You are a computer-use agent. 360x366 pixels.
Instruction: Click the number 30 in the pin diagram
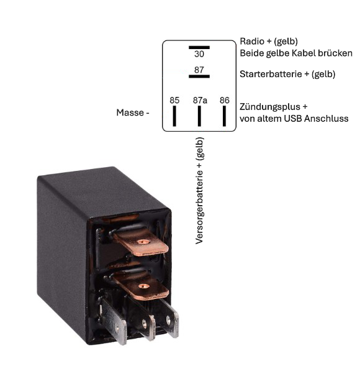click(x=199, y=54)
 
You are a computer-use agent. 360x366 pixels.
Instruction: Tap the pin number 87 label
click(x=199, y=70)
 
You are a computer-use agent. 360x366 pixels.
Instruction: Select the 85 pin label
click(x=174, y=100)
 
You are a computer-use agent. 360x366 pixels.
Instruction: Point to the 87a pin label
click(x=200, y=100)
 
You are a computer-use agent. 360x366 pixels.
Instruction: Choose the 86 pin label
click(x=225, y=100)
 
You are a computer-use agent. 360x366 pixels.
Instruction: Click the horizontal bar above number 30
click(x=199, y=47)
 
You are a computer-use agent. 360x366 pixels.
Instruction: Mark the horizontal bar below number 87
click(x=199, y=76)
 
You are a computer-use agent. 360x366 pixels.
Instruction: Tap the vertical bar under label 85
click(x=174, y=116)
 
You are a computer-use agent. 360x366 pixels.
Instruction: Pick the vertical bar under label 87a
click(x=199, y=116)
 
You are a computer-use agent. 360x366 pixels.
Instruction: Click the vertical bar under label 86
click(x=224, y=116)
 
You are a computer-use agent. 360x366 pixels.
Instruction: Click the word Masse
click(x=130, y=112)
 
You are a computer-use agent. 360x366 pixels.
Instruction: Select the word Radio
click(x=252, y=41)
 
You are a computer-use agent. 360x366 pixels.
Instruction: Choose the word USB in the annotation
click(x=293, y=119)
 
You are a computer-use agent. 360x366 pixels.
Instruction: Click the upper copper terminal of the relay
click(x=141, y=242)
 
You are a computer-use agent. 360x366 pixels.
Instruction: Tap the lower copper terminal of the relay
click(x=141, y=286)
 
